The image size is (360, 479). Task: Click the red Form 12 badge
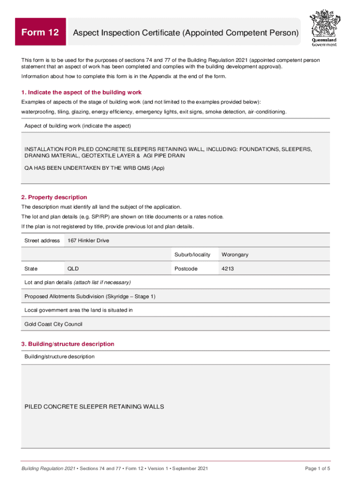tap(40, 32)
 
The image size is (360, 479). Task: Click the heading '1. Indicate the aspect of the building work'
tap(81, 92)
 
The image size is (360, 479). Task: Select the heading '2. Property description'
tap(54, 197)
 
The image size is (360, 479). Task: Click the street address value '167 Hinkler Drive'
tap(89, 240)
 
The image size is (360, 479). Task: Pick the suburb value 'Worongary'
tap(235, 254)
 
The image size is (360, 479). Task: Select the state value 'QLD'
tap(73, 269)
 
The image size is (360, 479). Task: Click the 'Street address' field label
tap(42, 240)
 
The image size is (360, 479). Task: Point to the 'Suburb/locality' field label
tap(193, 254)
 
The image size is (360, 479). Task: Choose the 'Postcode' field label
tap(186, 269)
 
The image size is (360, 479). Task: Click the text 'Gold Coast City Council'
tap(53, 324)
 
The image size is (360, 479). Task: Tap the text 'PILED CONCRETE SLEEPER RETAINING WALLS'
tap(94, 406)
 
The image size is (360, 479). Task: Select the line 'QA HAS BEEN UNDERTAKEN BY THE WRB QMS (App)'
tap(94, 168)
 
